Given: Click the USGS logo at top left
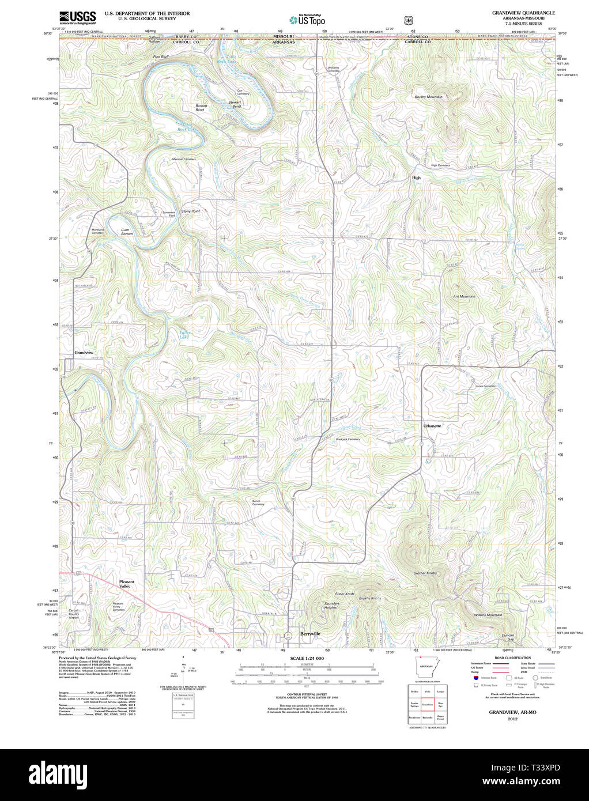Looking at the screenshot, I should click(x=77, y=17).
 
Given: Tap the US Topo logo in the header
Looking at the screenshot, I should click(x=308, y=20).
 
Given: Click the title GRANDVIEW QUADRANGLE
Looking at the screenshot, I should click(x=523, y=12).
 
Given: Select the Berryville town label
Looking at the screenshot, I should click(x=309, y=633).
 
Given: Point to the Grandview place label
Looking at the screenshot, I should click(x=84, y=352).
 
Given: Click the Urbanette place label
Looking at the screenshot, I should click(x=432, y=426).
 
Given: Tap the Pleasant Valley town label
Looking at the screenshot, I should click(x=126, y=584).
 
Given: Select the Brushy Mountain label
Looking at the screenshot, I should click(x=428, y=97).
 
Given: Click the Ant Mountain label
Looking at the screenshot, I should click(x=464, y=296).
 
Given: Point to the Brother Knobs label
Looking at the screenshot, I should click(x=425, y=573).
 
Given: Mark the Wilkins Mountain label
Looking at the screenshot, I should click(x=488, y=615).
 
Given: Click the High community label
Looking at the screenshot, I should click(x=416, y=178).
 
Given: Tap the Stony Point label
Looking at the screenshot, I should click(x=190, y=211).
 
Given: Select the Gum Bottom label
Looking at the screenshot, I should click(x=127, y=232).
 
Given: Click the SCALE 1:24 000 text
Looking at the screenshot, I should click(x=307, y=658).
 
